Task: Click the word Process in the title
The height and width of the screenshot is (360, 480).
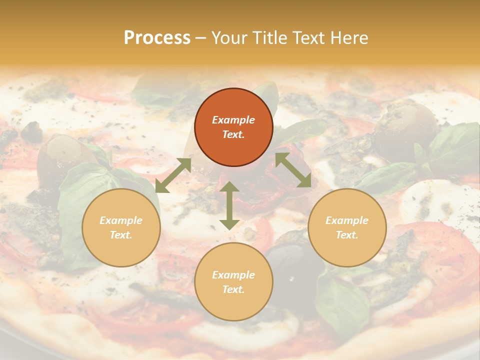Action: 157,37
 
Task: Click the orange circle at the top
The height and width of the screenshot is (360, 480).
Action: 233,127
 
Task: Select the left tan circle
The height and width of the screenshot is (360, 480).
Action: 121,227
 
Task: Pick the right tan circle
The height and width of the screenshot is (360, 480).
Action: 347,227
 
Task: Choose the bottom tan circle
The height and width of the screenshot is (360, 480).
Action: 233,282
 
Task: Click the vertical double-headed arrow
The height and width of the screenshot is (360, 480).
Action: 229,205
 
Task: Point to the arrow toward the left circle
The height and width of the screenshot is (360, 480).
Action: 173,175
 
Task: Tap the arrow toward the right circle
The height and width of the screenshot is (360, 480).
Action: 293,170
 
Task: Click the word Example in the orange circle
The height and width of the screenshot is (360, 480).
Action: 233,120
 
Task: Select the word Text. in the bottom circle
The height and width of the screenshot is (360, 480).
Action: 233,289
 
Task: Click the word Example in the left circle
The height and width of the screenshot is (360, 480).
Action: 121,220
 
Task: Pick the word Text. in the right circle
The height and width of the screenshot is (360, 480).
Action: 347,235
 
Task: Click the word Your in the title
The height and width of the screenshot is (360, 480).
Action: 227,37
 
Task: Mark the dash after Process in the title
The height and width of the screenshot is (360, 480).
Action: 201,38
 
